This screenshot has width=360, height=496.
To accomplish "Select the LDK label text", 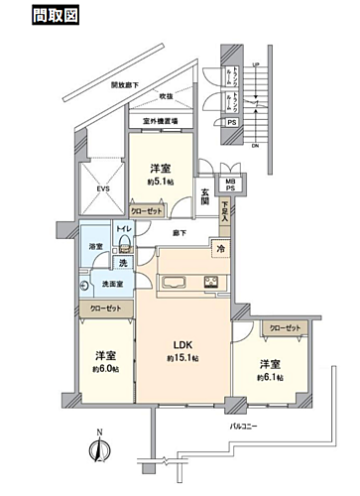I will click(182, 342).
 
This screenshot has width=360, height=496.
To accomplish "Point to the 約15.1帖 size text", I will click(182, 357).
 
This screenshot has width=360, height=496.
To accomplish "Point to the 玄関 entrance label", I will click(204, 194).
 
